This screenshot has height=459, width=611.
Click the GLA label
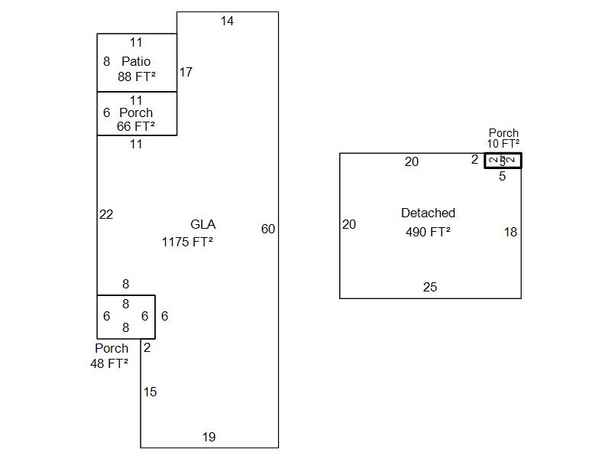(202, 224)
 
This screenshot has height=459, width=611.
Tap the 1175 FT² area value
(187, 242)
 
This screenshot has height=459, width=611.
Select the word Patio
(136, 61)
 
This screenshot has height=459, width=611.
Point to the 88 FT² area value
(137, 76)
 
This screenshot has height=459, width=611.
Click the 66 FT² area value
(136, 126)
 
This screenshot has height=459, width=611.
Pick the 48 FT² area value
(109, 363)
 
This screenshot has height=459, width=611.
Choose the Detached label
(428, 213)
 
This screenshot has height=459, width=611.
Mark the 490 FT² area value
(428, 232)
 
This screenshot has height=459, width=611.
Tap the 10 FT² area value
(503, 143)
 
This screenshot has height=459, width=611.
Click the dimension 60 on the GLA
(268, 229)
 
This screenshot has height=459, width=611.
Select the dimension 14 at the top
(227, 21)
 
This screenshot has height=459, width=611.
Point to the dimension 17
(186, 72)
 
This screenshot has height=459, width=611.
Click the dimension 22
(106, 214)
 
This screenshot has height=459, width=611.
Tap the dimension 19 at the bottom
(209, 437)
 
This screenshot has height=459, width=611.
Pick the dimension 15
(150, 392)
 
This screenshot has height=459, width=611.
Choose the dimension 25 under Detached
(430, 287)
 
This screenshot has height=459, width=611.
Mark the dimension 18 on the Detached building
(510, 232)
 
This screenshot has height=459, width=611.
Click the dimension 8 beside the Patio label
(106, 61)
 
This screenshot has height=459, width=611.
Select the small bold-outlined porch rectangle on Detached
(503, 161)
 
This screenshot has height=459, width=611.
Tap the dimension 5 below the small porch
(502, 177)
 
